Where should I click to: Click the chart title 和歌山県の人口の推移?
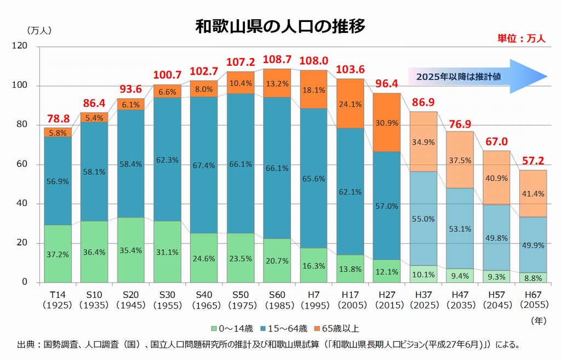[x=280, y=26]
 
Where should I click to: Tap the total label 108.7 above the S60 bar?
[x=277, y=59]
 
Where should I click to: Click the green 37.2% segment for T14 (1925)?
[x=58, y=254]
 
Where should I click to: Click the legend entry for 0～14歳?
[x=232, y=329]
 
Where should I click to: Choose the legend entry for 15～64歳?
[x=283, y=329]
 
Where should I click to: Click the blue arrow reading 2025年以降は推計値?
[x=477, y=77]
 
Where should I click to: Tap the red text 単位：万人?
[x=521, y=38]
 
